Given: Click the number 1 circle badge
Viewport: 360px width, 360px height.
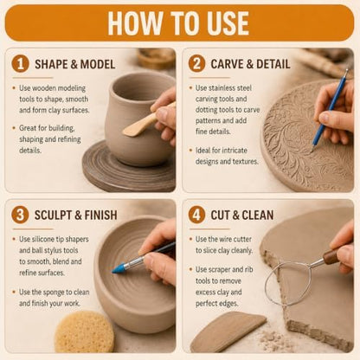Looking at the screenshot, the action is (21, 64).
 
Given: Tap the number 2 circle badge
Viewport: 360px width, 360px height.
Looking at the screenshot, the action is (196, 64).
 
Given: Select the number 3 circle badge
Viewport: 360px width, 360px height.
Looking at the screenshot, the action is (20, 215).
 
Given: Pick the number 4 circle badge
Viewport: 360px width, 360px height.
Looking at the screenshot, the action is (196, 215).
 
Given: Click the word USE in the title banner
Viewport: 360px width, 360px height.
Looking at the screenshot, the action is (225, 23).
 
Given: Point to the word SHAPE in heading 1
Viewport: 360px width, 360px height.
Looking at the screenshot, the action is (51, 64).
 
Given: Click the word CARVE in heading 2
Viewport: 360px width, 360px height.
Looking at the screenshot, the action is (228, 64).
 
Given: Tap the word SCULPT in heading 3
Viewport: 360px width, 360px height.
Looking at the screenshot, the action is (53, 215).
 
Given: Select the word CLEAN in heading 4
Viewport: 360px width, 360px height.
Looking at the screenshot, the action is (258, 215).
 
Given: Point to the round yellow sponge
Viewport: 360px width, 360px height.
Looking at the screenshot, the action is (84, 331).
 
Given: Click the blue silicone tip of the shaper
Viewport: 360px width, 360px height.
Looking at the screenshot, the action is (119, 267).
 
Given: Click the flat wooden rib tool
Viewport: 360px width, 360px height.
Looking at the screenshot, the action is (228, 331).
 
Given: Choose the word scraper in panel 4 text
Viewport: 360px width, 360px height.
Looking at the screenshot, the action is (220, 270).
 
